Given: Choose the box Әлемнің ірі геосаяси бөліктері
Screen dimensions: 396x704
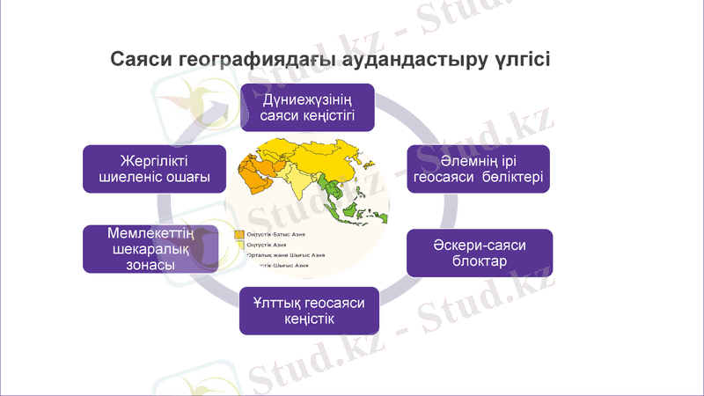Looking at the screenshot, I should (479, 169).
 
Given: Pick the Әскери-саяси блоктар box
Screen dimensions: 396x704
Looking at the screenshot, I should (479, 253).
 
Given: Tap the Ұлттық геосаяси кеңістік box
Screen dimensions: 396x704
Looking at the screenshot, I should (309, 311).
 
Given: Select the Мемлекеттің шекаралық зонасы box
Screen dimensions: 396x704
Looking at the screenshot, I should (137, 249).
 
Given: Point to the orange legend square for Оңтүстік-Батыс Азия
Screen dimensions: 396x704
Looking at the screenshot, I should (238, 235).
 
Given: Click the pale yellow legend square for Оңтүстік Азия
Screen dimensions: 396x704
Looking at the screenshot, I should (238, 246).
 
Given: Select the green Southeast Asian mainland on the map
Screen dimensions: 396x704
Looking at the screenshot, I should (335, 187).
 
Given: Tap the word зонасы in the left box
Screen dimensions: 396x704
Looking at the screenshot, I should (137, 266).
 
